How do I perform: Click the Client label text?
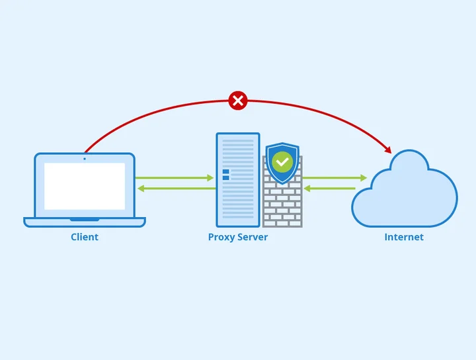[85, 237]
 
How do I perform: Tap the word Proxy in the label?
[221, 237]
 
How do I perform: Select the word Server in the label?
[253, 237]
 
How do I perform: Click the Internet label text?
[404, 237]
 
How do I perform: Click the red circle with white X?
[237, 101]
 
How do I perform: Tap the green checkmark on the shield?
[283, 161]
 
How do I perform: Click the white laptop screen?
[85, 186]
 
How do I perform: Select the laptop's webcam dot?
[85, 159]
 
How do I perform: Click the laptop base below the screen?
[85, 222]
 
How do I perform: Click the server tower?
[238, 199]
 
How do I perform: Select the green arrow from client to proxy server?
[175, 177]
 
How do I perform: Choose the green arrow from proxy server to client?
[176, 189]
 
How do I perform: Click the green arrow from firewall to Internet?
[335, 177]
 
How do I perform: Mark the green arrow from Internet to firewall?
[330, 189]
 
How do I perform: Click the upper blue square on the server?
[225, 171]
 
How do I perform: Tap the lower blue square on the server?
[225, 178]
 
